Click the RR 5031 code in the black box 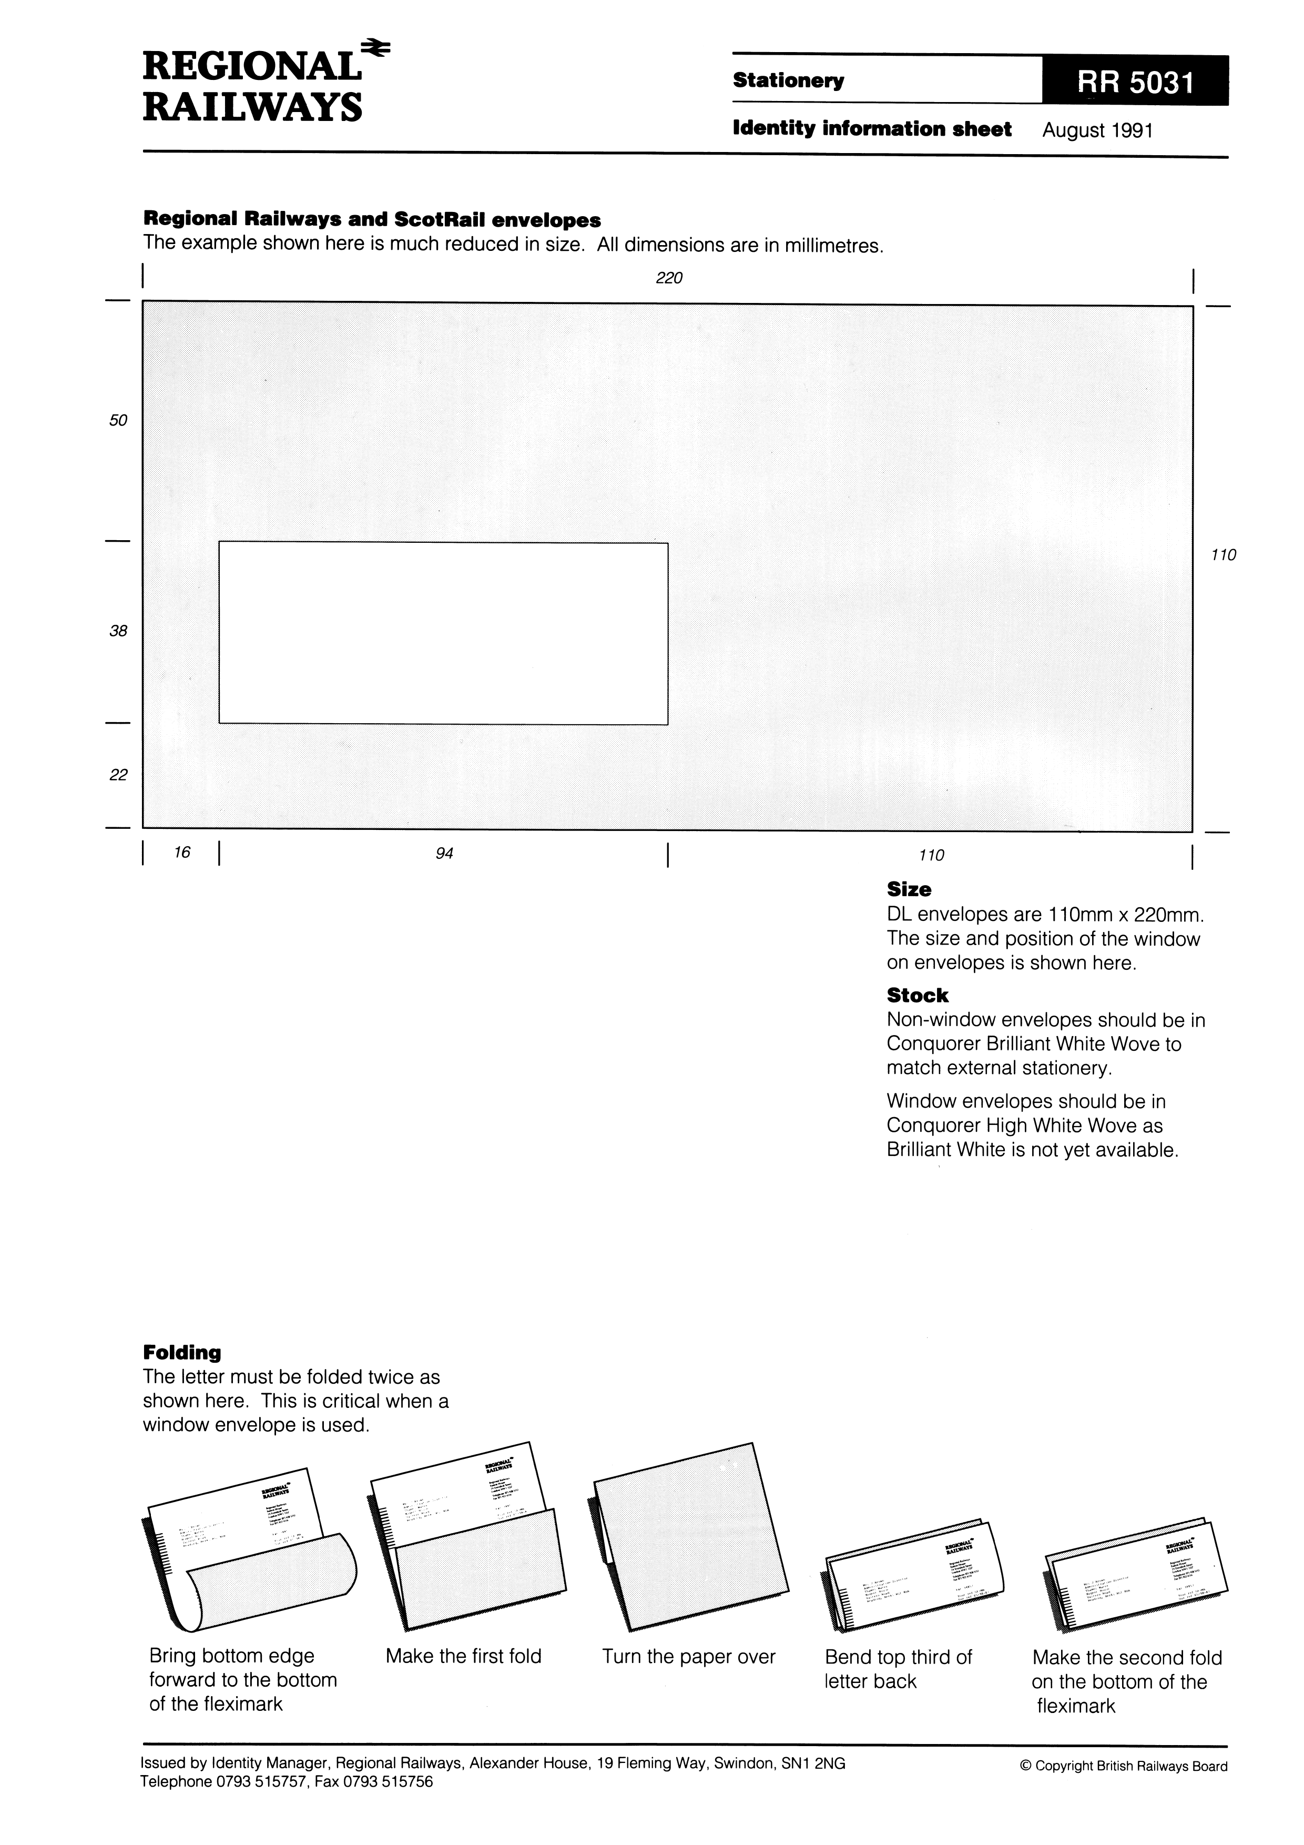pos(1135,81)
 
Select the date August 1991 pos(1097,130)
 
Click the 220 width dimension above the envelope pos(668,278)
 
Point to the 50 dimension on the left pos(118,420)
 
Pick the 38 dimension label pos(118,632)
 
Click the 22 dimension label pos(118,775)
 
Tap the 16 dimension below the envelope pos(182,853)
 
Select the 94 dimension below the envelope pos(444,854)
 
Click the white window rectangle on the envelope pos(443,633)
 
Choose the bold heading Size pos(909,889)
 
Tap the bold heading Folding pos(181,1352)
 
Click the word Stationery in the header pos(788,81)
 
